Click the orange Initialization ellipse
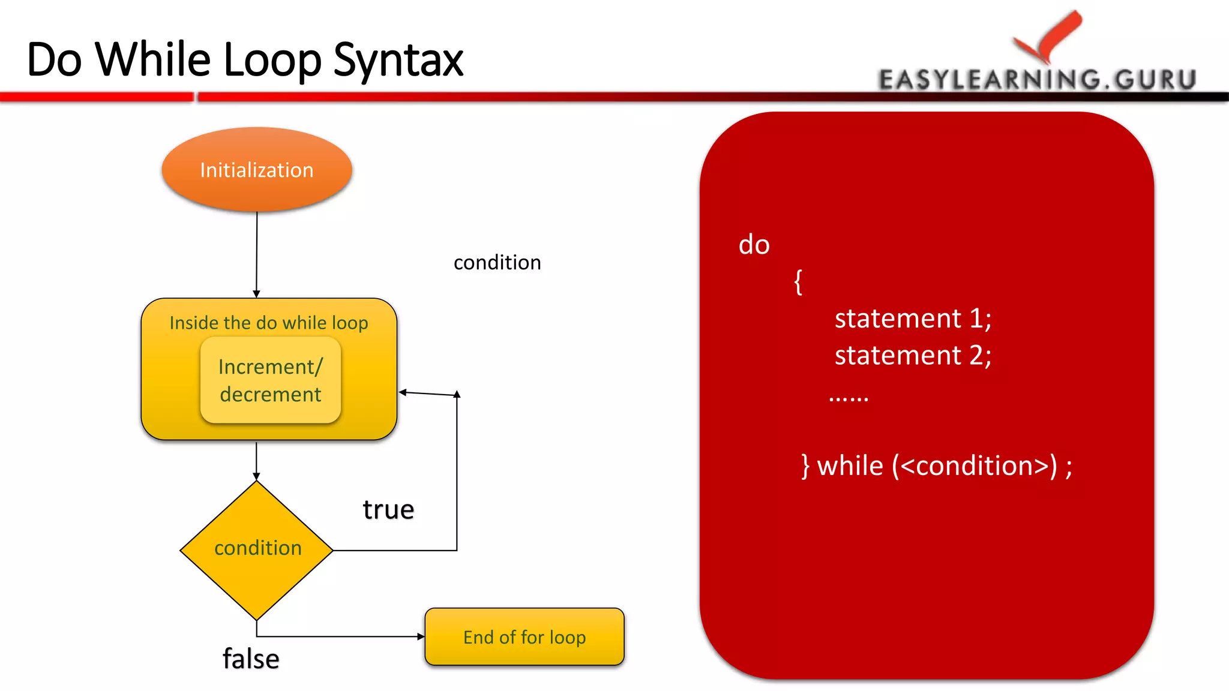[x=257, y=170]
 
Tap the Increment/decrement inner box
[x=270, y=380]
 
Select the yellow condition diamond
[x=257, y=549]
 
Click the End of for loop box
[x=524, y=637]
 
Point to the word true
[x=388, y=510]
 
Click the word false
[x=251, y=659]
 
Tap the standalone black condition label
[x=497, y=263]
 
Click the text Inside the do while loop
[x=268, y=323]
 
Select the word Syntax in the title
[x=398, y=60]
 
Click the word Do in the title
[x=54, y=60]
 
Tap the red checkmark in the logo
[x=1050, y=36]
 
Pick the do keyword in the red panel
[x=754, y=245]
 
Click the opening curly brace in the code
[x=798, y=281]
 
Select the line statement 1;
[x=912, y=318]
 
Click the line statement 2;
[x=912, y=355]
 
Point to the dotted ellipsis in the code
[x=848, y=398]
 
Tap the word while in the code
[x=850, y=466]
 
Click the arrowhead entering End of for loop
[x=421, y=636]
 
